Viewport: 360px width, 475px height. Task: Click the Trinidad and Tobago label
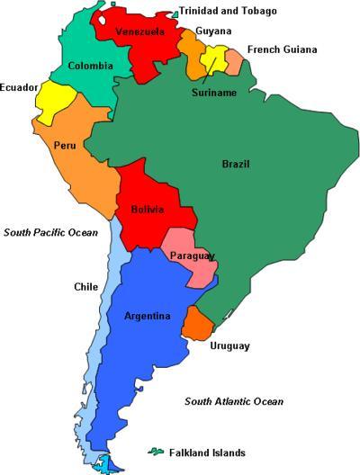coord(228,11)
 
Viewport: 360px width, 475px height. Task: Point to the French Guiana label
coord(283,49)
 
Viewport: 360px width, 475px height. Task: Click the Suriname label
coord(213,92)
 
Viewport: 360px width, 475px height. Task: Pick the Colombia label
coord(91,66)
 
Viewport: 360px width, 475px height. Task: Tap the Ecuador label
coord(19,87)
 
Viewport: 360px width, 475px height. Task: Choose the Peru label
coord(64,145)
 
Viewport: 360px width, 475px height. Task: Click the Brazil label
coord(236,164)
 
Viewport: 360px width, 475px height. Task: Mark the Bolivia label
coord(147,210)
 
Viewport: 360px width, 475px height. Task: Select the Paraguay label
coord(192,256)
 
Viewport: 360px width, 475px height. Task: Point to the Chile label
coord(85,287)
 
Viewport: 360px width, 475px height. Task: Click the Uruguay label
coord(229,345)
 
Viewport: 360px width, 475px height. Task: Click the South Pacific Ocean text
coord(50,232)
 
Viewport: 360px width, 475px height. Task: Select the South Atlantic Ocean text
coord(234,401)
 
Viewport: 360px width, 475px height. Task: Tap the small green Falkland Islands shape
coord(156,450)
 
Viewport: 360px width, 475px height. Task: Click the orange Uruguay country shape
coord(196,323)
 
